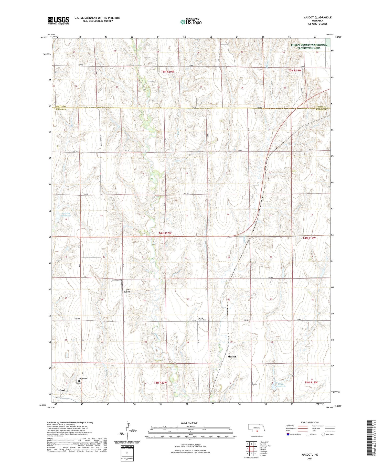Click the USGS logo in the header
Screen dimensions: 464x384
tap(58, 20)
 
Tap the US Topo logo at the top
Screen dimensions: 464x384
tap(191, 22)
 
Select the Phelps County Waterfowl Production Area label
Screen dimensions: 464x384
tap(308, 46)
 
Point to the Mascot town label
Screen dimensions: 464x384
tap(232, 357)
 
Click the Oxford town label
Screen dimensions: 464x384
tap(61, 390)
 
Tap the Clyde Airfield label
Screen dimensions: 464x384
tap(127, 291)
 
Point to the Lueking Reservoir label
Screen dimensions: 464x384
tap(66, 214)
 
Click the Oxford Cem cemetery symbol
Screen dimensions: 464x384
tap(79, 381)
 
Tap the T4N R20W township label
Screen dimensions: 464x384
tap(165, 233)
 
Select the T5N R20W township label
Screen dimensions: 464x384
tap(167, 72)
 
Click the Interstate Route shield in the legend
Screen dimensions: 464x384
tap(288, 434)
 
